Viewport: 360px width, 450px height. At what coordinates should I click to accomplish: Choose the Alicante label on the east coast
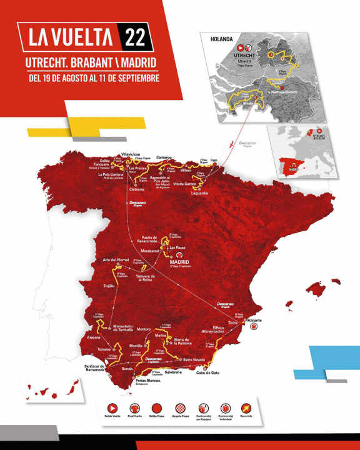coord(254,320)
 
